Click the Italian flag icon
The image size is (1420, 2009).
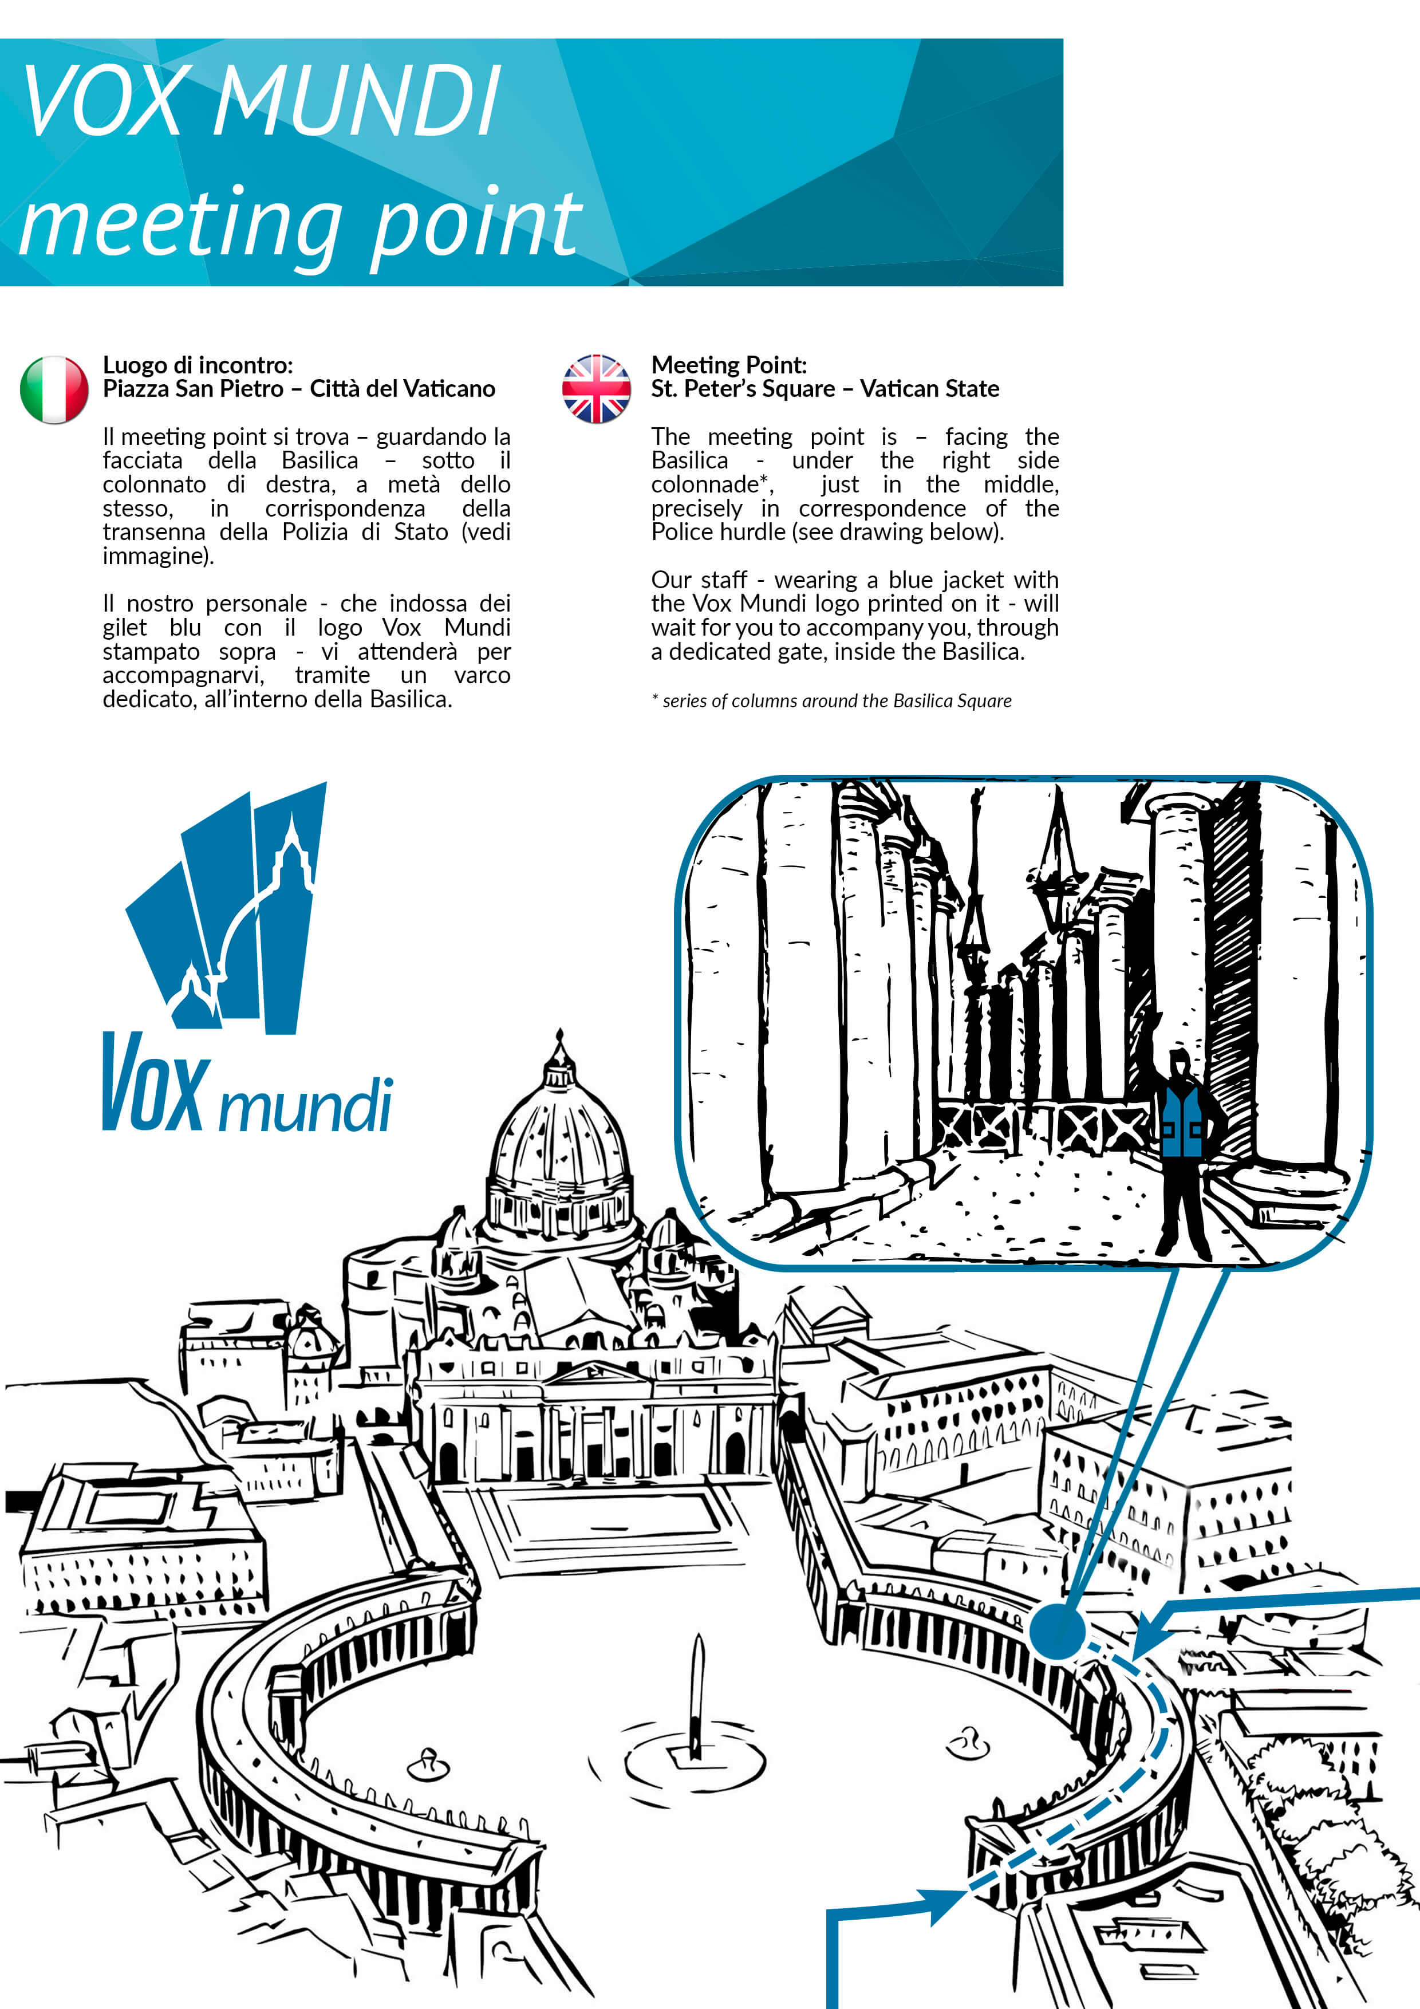(x=54, y=389)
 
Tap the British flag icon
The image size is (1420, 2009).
(x=596, y=389)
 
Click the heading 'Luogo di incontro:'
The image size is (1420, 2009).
(x=198, y=365)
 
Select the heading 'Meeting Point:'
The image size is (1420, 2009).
(x=729, y=365)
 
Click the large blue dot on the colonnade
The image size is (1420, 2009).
(x=1057, y=1632)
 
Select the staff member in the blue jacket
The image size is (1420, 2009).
(x=1184, y=1155)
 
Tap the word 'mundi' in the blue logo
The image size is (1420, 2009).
(x=305, y=1104)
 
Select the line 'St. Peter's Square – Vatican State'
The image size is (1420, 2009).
(x=825, y=388)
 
